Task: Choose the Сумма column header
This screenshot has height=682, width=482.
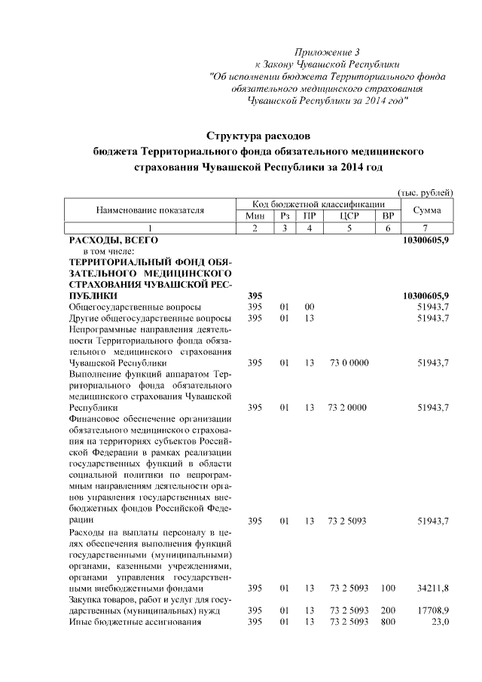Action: [426, 210]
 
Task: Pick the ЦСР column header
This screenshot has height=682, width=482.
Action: [348, 216]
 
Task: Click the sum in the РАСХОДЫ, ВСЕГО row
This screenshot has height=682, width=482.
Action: [426, 239]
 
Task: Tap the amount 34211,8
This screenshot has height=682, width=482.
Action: [434, 588]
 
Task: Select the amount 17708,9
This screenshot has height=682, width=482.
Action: [434, 610]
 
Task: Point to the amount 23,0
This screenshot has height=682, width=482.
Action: [440, 622]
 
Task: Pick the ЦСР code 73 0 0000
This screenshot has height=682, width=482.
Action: [348, 363]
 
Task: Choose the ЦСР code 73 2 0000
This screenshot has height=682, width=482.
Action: [348, 408]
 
